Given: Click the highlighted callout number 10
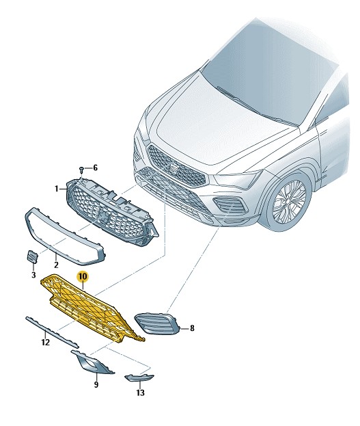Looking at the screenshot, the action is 83,276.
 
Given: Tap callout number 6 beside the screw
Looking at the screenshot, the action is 95,168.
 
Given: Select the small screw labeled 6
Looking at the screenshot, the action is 82,170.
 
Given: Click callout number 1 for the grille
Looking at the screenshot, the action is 57,188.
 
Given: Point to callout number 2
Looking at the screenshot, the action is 56,265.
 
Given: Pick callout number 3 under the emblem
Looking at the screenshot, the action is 33,275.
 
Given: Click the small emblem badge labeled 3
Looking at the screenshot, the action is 32,257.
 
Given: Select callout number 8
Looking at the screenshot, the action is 192,328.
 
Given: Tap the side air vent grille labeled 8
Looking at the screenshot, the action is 158,324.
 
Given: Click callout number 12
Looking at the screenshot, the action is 46,343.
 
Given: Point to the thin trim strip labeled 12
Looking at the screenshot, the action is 52,332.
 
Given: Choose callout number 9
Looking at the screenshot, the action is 96,384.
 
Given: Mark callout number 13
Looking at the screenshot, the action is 140,392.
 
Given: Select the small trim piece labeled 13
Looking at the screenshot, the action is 139,378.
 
